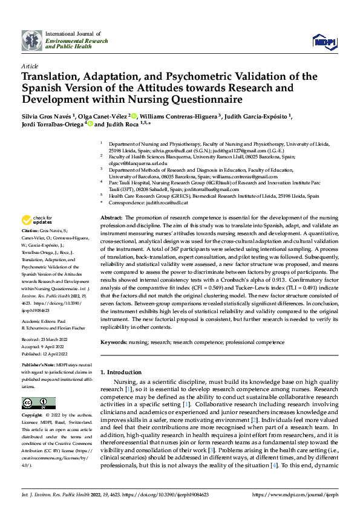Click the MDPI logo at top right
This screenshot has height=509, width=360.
(323, 41)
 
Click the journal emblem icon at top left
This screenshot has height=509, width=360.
(30, 40)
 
